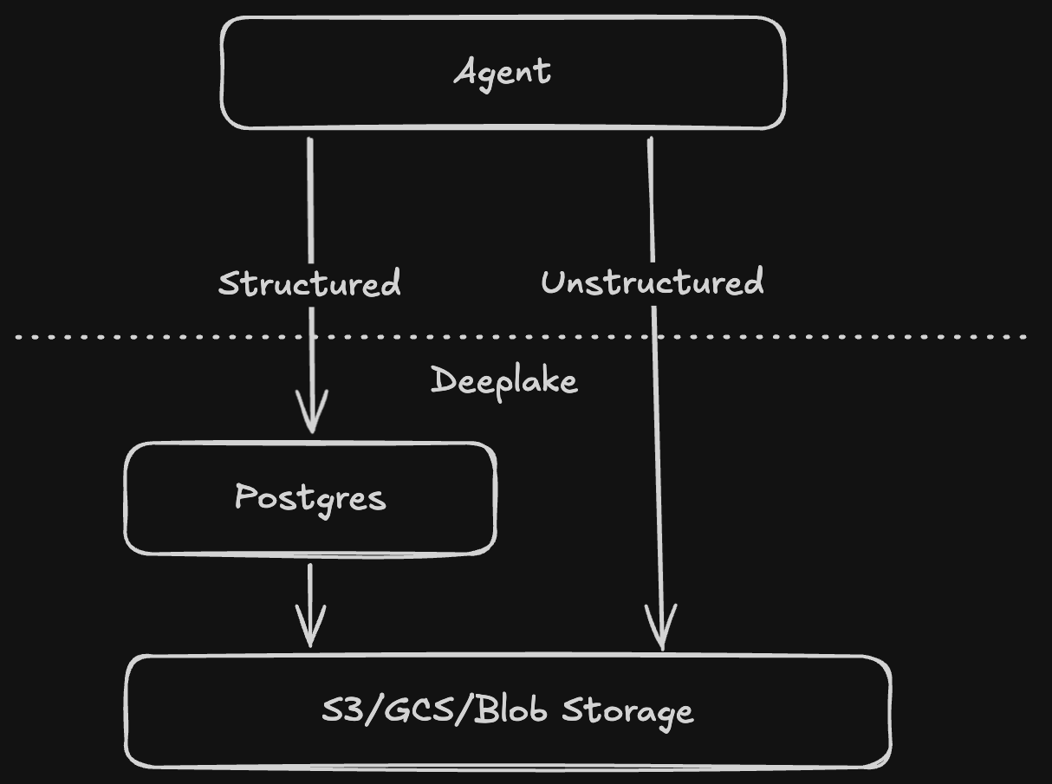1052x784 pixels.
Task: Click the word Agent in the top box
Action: (x=503, y=72)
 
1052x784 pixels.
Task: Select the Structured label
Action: (x=309, y=283)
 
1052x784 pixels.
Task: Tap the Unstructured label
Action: (x=652, y=282)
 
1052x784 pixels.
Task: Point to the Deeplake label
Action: (x=503, y=380)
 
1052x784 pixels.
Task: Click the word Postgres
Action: (x=310, y=497)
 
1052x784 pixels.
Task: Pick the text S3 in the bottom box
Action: (x=337, y=710)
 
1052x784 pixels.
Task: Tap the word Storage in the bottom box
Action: (x=628, y=711)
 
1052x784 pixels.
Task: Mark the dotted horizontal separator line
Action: (x=780, y=336)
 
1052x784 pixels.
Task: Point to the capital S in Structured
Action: (x=228, y=283)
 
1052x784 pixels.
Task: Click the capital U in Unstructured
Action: (x=554, y=282)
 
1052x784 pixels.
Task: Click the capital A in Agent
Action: (x=467, y=71)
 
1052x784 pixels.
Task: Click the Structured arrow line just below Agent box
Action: (x=310, y=173)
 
